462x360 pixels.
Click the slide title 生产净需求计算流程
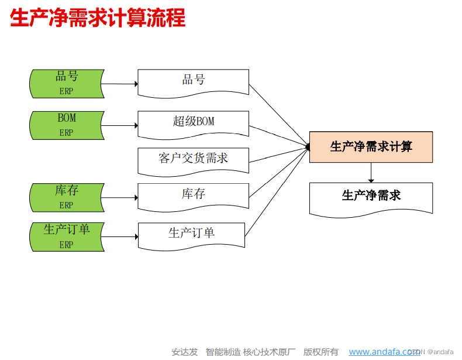click(x=98, y=19)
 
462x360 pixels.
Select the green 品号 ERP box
click(x=67, y=83)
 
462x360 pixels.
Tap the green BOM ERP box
click(x=67, y=125)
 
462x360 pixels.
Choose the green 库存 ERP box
click(x=67, y=197)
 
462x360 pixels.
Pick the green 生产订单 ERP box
click(x=67, y=236)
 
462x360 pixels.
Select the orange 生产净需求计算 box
click(x=371, y=146)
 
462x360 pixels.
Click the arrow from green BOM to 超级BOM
click(x=120, y=125)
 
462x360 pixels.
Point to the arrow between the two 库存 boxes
click(x=120, y=198)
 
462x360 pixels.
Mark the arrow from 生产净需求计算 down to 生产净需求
click(x=371, y=173)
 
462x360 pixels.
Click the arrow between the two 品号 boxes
click(x=120, y=84)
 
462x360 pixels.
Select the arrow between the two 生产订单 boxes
click(x=120, y=237)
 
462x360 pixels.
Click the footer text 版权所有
click(x=320, y=352)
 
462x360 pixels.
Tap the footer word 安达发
click(x=184, y=352)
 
